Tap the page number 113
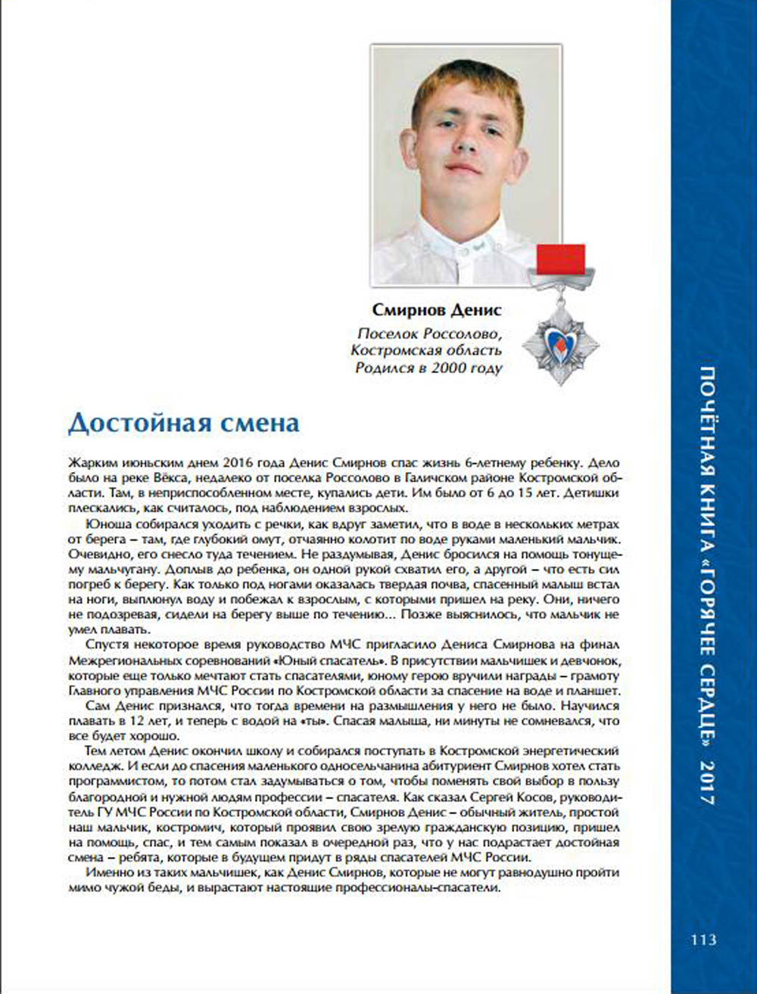tap(703, 940)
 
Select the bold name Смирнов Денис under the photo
tap(437, 311)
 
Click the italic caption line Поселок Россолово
tap(429, 334)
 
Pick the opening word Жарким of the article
tap(89, 461)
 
